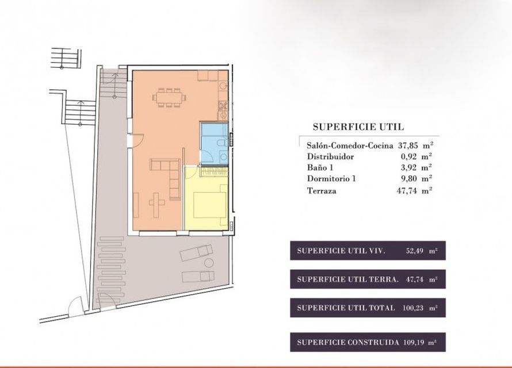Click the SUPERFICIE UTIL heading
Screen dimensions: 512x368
tap(358, 127)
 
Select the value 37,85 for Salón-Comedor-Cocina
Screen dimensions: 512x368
tap(408, 145)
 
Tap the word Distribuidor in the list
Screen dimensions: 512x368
tap(330, 156)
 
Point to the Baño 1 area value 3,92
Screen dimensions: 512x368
tap(409, 167)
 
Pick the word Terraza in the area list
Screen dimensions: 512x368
tap(322, 191)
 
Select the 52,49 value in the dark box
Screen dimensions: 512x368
tap(415, 251)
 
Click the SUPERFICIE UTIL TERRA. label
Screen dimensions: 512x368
tap(347, 279)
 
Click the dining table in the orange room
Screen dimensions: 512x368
tap(169, 98)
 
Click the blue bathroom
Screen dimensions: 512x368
tap(214, 143)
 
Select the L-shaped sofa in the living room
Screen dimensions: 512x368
tap(169, 176)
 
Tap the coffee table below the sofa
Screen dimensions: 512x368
tap(157, 204)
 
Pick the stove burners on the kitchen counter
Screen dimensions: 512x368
tap(223, 105)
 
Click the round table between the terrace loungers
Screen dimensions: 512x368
tap(208, 263)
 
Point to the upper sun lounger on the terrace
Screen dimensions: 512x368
tap(196, 252)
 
